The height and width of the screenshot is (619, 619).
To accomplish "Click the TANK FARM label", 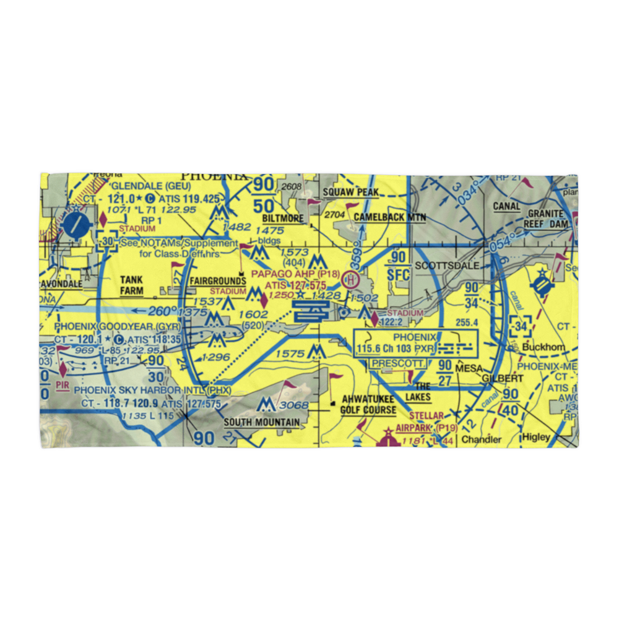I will click(131, 285).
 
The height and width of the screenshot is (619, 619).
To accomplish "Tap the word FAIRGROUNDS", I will click(217, 281).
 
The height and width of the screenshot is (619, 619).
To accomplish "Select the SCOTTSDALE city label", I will click(446, 265).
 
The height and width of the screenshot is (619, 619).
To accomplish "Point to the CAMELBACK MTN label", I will click(390, 217).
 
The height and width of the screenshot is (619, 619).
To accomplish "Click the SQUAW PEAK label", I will click(350, 193).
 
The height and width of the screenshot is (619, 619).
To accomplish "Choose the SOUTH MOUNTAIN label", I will click(262, 423).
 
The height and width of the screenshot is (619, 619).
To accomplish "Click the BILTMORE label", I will click(283, 219).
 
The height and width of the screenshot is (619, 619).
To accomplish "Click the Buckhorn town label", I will click(543, 347).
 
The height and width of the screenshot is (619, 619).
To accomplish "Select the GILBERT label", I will click(498, 378).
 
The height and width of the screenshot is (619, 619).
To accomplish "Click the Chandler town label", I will click(482, 439).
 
